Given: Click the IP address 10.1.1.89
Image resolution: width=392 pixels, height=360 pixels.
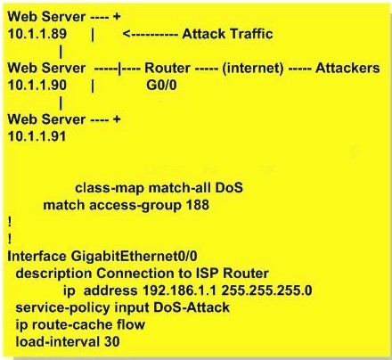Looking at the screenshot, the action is coord(37,34).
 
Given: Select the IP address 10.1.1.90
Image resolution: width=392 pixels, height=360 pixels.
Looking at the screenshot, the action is coord(37,86).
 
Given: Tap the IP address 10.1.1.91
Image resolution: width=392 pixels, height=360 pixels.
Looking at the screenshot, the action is coord(37,136).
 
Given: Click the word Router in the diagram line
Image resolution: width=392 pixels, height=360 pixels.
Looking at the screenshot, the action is coord(167,68).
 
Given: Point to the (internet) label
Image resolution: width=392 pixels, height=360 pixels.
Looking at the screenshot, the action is coord(253,69).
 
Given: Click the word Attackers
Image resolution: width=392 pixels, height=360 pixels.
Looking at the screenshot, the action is coord(347,68).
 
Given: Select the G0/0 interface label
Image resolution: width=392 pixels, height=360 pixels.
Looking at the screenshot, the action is coord(161,86).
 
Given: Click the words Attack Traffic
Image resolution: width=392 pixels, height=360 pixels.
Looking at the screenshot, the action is coord(227,34).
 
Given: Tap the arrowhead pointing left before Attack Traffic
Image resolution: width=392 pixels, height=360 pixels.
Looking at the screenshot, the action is coord(127,34).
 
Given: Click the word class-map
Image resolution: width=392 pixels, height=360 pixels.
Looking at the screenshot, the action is coord(110,188).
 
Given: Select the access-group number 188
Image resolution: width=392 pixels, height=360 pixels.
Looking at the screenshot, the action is coord(198,205).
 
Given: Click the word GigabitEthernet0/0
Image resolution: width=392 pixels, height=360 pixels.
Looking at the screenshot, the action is coord(134,256).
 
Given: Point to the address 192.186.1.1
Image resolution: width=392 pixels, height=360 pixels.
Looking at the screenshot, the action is coord(180,290).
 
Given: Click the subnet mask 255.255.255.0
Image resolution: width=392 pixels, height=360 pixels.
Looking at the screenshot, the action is coord(266,290).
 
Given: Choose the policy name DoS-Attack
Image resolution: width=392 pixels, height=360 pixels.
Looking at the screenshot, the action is coord(192,307).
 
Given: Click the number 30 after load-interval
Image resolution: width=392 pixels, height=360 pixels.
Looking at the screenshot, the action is coord(112,341).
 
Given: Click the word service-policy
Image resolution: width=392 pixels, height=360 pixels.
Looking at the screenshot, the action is coord(62,307).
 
